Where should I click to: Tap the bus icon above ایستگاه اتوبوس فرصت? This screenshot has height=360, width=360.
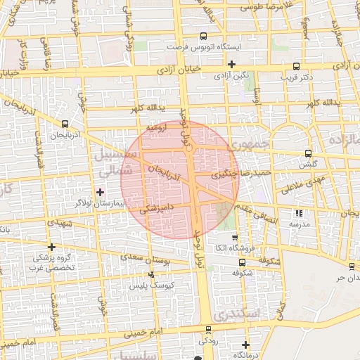pyautogui.click(x=203, y=37)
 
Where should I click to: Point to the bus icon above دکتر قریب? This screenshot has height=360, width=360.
pyautogui.click(x=297, y=65)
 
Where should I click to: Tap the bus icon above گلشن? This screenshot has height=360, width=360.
pyautogui.click(x=308, y=153)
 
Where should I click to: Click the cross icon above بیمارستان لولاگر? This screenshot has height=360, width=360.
pyautogui.click(x=100, y=191)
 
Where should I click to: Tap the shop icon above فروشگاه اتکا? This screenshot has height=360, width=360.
pyautogui.click(x=235, y=238)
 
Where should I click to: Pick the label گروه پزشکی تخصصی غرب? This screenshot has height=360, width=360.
pyautogui.click(x=53, y=262)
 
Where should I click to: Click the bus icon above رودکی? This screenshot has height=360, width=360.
pyautogui.click(x=208, y=330)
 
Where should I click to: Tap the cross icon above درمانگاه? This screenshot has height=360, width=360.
pyautogui.click(x=245, y=345)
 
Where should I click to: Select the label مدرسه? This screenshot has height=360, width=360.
pyautogui.click(x=299, y=223)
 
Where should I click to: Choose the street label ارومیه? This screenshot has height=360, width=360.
pyautogui.click(x=156, y=128)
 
